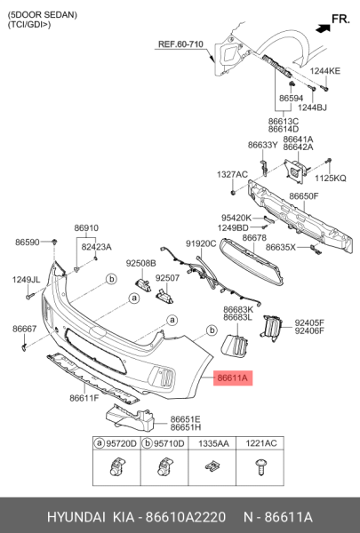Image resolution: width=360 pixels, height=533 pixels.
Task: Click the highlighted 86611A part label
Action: [234, 378]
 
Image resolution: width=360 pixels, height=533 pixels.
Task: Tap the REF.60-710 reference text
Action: [181, 44]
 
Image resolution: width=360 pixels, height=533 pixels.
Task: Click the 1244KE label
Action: [325, 70]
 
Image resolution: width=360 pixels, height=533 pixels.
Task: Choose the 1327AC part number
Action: [232, 175]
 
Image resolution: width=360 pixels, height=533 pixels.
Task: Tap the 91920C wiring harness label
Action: [200, 243]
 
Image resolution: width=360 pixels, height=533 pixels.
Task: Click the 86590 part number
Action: [28, 242]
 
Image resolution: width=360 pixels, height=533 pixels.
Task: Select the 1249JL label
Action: [26, 280]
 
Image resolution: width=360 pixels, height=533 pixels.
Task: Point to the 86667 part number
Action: [24, 329]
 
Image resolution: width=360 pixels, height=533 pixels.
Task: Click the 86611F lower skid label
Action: [84, 398]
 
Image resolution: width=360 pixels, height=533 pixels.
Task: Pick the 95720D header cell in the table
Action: [118, 442]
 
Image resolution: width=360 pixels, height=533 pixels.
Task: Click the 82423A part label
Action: [96, 247]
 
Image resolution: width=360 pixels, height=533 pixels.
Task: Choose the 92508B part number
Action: [140, 263]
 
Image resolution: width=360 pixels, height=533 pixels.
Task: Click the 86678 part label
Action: [254, 237]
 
